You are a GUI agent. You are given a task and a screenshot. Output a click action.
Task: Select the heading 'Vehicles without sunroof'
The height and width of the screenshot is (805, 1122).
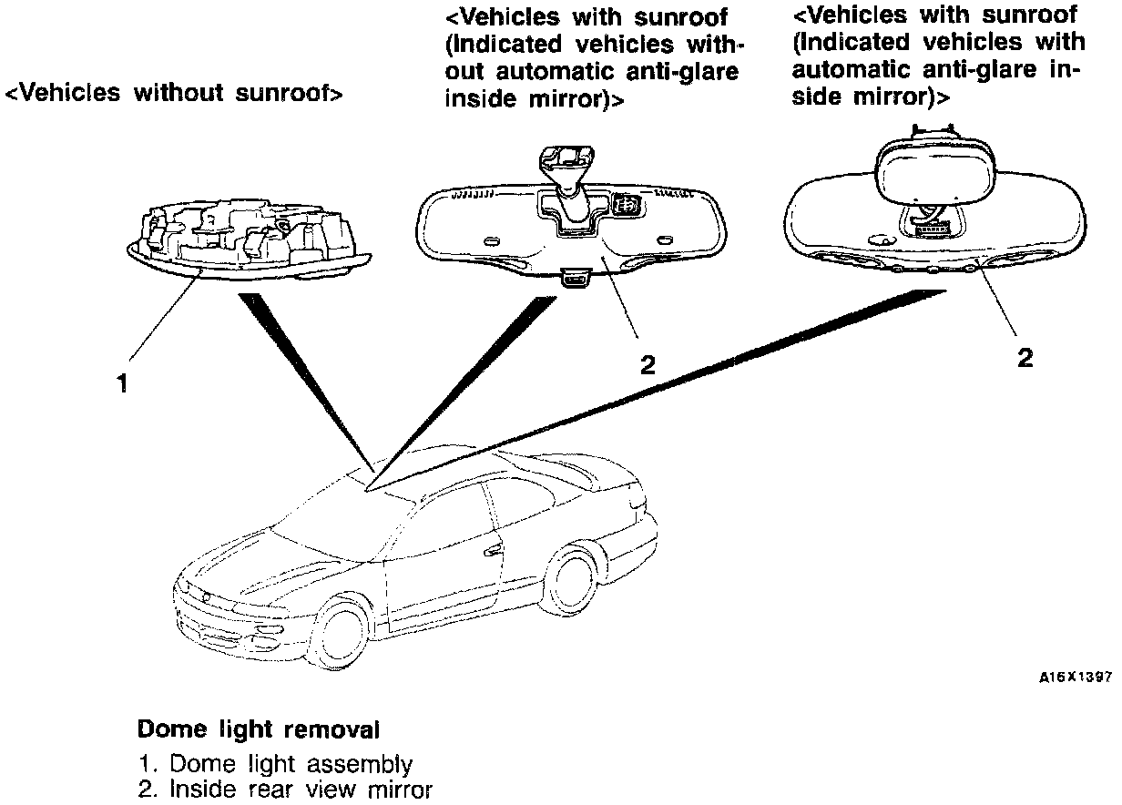[174, 93]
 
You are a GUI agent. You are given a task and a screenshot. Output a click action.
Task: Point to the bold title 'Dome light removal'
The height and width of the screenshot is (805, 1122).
[258, 729]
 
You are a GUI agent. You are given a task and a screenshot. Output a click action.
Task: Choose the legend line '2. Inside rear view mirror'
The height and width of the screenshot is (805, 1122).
[285, 790]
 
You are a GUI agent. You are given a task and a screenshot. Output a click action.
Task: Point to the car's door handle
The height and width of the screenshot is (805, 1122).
[495, 551]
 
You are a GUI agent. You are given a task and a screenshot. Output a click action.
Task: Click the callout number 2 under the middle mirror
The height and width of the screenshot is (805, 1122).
[647, 365]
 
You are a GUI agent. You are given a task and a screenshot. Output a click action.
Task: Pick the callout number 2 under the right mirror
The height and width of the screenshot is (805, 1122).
[1025, 358]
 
